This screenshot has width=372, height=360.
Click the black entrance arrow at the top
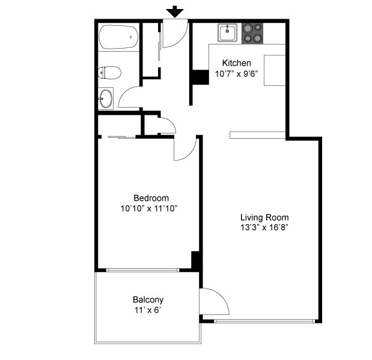(175, 11)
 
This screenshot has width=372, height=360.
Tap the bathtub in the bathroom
(118, 37)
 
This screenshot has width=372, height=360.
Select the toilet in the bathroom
(110, 73)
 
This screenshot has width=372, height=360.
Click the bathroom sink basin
(106, 99)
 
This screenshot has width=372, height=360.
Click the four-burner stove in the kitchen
(253, 33)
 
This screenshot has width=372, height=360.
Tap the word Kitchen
(237, 63)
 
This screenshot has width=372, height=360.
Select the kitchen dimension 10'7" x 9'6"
(237, 75)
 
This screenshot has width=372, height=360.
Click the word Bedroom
(151, 198)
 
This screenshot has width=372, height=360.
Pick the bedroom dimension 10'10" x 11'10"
(149, 209)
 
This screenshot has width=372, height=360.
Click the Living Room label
(264, 218)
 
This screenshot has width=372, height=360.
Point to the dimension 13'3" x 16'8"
(264, 228)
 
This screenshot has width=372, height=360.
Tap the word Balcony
(148, 299)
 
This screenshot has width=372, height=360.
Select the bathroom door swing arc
(129, 96)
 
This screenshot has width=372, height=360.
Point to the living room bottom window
(264, 321)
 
